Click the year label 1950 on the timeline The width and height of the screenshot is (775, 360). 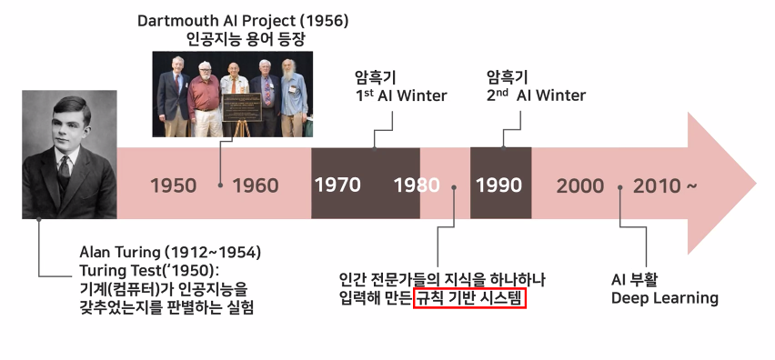[x=173, y=185]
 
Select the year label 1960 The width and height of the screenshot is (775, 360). [x=256, y=185]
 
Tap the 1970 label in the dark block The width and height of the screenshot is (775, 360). [x=337, y=185]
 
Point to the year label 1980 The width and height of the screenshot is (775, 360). [x=417, y=185]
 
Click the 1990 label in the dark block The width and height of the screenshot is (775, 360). [x=498, y=185]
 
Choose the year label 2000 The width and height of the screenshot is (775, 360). [x=579, y=185]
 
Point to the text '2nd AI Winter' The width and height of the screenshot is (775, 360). [x=537, y=95]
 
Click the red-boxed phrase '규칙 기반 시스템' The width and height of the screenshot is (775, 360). [x=469, y=298]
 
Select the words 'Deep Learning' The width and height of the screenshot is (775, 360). [x=664, y=298]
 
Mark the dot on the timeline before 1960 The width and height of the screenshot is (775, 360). [x=220, y=185]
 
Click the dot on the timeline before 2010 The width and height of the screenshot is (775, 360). [x=619, y=187]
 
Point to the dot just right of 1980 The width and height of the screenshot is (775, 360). [x=453, y=187]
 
